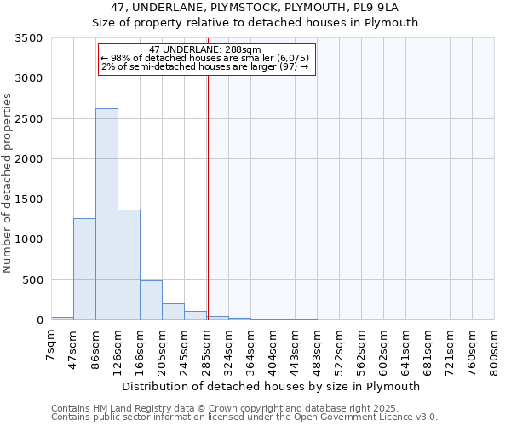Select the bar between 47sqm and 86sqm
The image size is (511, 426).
click(84, 268)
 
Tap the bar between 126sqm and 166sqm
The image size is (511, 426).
click(129, 264)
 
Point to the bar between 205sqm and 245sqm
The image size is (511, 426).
click(173, 311)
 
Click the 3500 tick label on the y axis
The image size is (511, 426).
click(29, 38)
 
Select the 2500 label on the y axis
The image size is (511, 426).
click(29, 119)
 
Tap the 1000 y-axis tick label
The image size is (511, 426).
click(29, 239)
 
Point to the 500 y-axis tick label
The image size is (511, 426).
click(32, 280)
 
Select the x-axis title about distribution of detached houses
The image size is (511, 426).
click(272, 386)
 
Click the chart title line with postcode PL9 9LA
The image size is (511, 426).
click(255, 8)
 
